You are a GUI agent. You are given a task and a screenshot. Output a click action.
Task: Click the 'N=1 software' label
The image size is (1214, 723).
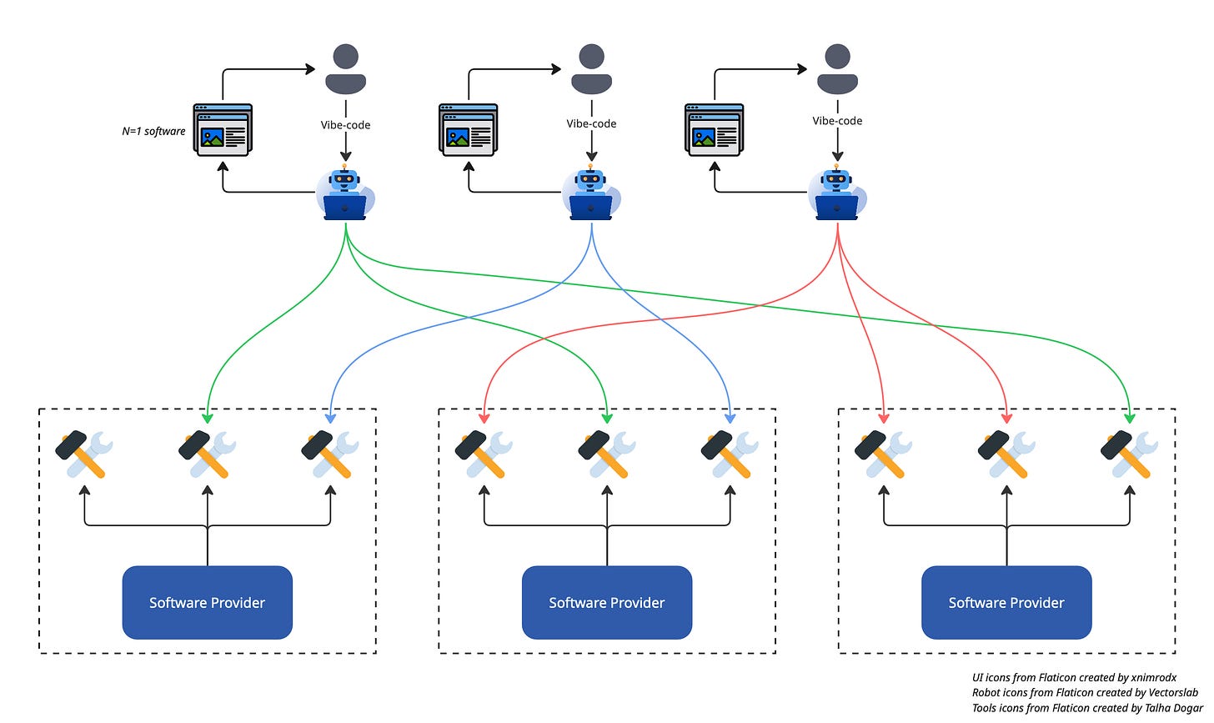pos(153,131)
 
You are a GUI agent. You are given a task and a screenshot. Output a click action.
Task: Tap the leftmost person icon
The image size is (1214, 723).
pos(346,69)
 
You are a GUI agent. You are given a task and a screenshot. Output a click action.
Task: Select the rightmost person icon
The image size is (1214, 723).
pos(837,69)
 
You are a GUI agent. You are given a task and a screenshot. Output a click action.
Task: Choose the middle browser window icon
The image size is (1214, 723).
pos(469,130)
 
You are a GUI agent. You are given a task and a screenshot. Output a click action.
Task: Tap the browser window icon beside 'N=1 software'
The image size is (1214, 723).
pos(223,130)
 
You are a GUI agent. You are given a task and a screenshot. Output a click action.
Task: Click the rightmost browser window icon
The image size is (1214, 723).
pos(715,130)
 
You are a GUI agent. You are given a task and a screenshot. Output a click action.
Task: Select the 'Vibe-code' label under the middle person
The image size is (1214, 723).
pos(591,123)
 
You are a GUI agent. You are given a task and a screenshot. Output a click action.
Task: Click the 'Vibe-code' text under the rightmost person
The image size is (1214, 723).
pos(837,121)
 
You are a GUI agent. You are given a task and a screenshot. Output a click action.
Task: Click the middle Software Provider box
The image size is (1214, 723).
pos(607,602)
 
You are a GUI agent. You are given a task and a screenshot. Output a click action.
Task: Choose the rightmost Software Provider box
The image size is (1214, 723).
pos(1006,602)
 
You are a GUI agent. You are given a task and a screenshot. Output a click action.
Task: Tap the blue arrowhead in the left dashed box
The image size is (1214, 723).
pos(330,419)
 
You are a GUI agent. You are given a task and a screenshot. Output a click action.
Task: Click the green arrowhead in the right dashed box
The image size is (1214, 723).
pos(1130,419)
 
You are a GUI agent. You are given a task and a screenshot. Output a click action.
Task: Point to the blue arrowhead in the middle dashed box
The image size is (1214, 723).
pos(730,419)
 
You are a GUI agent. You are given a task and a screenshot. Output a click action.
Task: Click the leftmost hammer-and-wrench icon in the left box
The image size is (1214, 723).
pos(84,454)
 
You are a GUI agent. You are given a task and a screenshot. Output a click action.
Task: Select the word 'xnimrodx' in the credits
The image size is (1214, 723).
pos(1154,677)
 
